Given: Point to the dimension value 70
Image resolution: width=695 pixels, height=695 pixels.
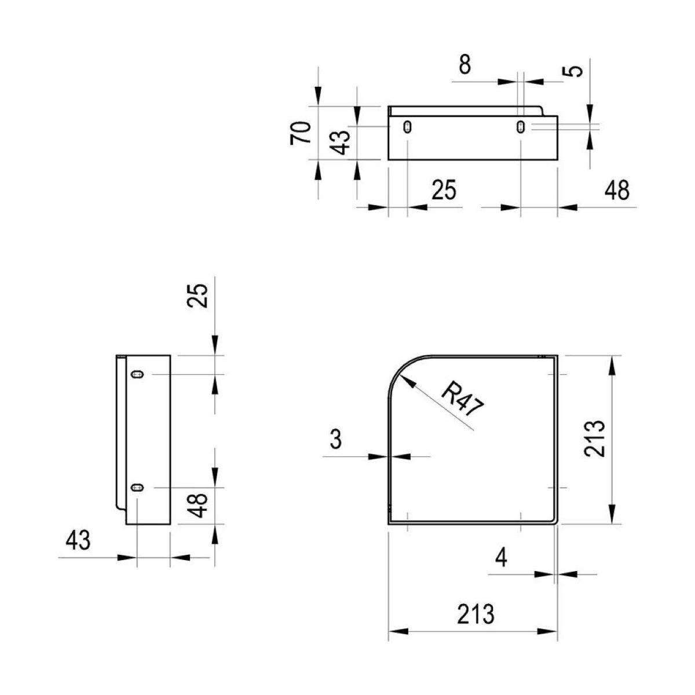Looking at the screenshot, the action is pos(301,133).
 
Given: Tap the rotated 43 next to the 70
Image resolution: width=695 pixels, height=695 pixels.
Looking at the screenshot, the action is pos(340,142).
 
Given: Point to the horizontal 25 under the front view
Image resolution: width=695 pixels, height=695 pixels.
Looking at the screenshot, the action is pos(444,190).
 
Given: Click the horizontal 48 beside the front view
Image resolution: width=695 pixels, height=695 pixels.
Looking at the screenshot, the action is pos(617,191).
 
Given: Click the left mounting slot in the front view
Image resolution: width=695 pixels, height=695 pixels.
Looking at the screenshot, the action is pos(408,127).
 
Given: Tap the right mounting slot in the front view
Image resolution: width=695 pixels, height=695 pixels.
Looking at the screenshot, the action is pos(521,127).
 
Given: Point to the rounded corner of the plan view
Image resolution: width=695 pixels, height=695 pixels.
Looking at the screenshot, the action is pos(401,368).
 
